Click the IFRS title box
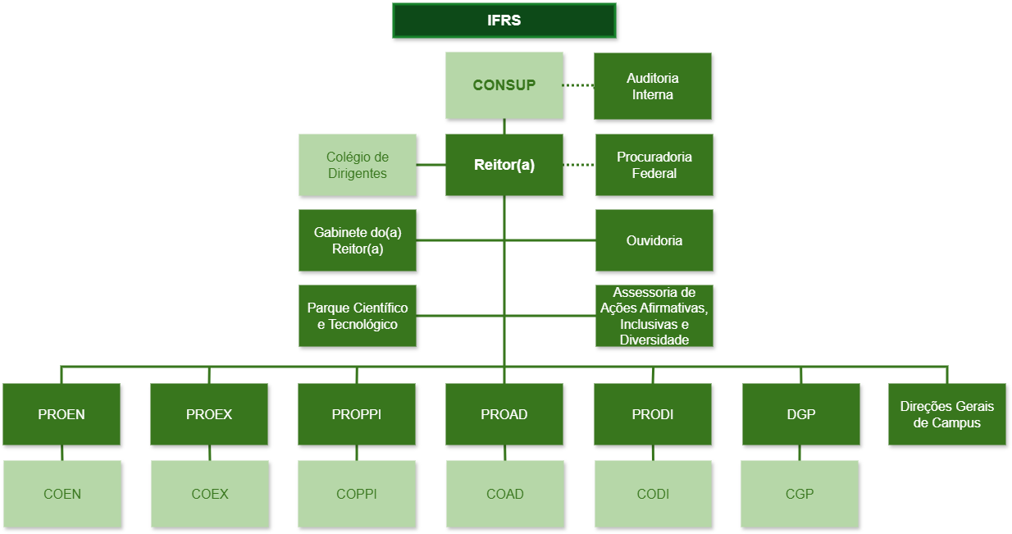pos(504,21)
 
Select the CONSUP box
pos(504,85)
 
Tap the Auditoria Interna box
pos(653,86)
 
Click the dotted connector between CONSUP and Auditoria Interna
pos(578,85)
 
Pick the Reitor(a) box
pos(504,165)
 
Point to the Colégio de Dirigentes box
pos(358,165)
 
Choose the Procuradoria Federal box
pos(654,165)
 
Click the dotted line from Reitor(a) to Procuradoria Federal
pos(579,165)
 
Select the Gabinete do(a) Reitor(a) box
pos(358,240)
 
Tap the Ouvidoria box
pos(654,240)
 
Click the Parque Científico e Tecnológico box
pos(358,316)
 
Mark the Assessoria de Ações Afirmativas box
pos(654,316)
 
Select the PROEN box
pos(62,414)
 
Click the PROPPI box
pos(357,414)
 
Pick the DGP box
pos(801,414)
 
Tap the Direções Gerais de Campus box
pos(947,414)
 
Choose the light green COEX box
pos(210,494)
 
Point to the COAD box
pos(505,494)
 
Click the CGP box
pos(800,494)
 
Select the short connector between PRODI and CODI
pos(654,453)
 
